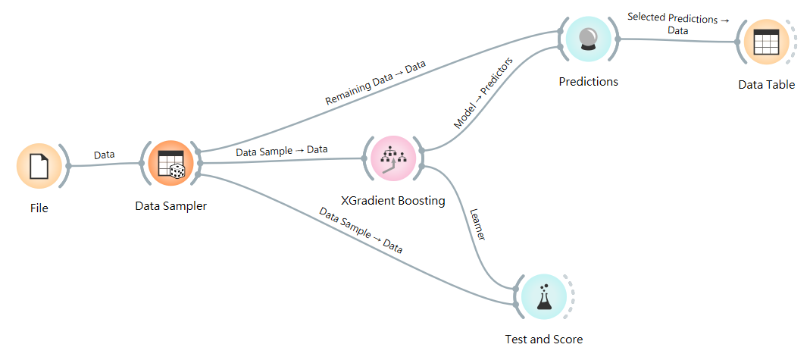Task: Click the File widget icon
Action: click(x=39, y=165)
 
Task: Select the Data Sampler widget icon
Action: click(x=170, y=163)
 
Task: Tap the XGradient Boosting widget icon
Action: click(x=392, y=159)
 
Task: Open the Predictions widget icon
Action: click(x=589, y=39)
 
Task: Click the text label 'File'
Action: click(x=39, y=208)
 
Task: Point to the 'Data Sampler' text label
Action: click(x=170, y=205)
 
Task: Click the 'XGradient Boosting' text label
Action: click(x=392, y=202)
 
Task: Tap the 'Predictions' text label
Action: click(x=588, y=82)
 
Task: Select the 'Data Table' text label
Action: click(x=766, y=85)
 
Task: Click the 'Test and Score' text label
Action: click(x=543, y=339)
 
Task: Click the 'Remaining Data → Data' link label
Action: click(x=375, y=83)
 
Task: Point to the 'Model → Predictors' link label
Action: click(x=483, y=92)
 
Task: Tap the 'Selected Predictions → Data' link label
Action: click(x=678, y=24)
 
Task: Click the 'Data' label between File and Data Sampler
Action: click(x=104, y=155)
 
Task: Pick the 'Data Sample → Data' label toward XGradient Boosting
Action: click(x=281, y=150)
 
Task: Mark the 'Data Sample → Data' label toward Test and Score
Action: click(x=360, y=230)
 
